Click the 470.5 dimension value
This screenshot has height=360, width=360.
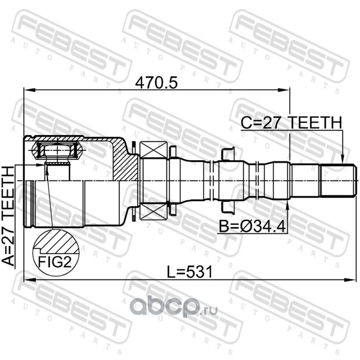(x=156, y=83)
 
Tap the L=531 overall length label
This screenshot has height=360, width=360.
(x=189, y=272)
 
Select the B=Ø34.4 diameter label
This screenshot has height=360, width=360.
(x=252, y=226)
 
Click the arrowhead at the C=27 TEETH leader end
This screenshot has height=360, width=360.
(x=342, y=159)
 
